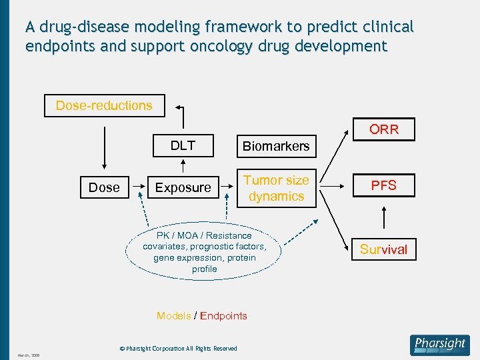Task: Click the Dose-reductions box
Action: click(x=104, y=105)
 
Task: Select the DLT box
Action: click(x=183, y=145)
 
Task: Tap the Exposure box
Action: click(x=183, y=188)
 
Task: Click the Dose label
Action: click(x=104, y=188)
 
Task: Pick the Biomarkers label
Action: click(x=276, y=146)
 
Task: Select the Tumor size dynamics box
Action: click(x=276, y=188)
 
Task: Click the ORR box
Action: click(x=384, y=129)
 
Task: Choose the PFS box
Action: click(x=384, y=185)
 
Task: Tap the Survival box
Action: click(x=383, y=249)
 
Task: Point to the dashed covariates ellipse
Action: click(x=204, y=252)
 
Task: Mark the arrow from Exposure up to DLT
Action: click(x=183, y=166)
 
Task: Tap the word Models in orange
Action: click(x=173, y=316)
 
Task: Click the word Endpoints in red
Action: click(x=223, y=316)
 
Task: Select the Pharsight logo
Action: click(x=440, y=345)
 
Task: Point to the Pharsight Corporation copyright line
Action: click(x=178, y=349)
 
